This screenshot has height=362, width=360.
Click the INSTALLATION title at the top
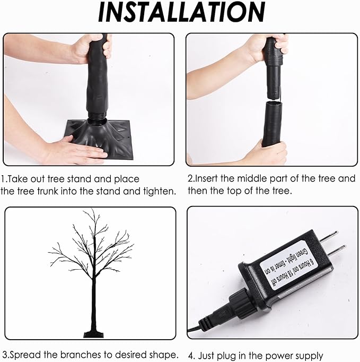180,13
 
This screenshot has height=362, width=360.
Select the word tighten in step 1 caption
159,191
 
